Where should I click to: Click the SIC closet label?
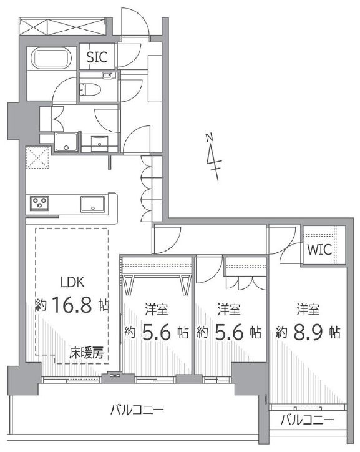tap(97, 57)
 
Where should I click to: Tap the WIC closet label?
tap(319, 249)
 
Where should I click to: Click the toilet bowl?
tap(90, 89)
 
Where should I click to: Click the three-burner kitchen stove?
tap(39, 204)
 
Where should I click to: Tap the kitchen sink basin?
tap(92, 204)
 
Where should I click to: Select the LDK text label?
tap(72, 282)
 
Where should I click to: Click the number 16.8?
tap(72, 305)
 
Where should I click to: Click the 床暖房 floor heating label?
tap(86, 353)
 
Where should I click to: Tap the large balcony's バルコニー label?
tap(137, 410)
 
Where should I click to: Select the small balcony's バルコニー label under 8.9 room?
tap(308, 420)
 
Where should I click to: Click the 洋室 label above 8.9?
tap(308, 309)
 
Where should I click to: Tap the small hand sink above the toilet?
tap(109, 76)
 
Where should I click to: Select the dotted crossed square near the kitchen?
tap(37, 157)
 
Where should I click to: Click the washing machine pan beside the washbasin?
tap(66, 142)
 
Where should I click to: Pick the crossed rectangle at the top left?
tap(62, 26)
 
